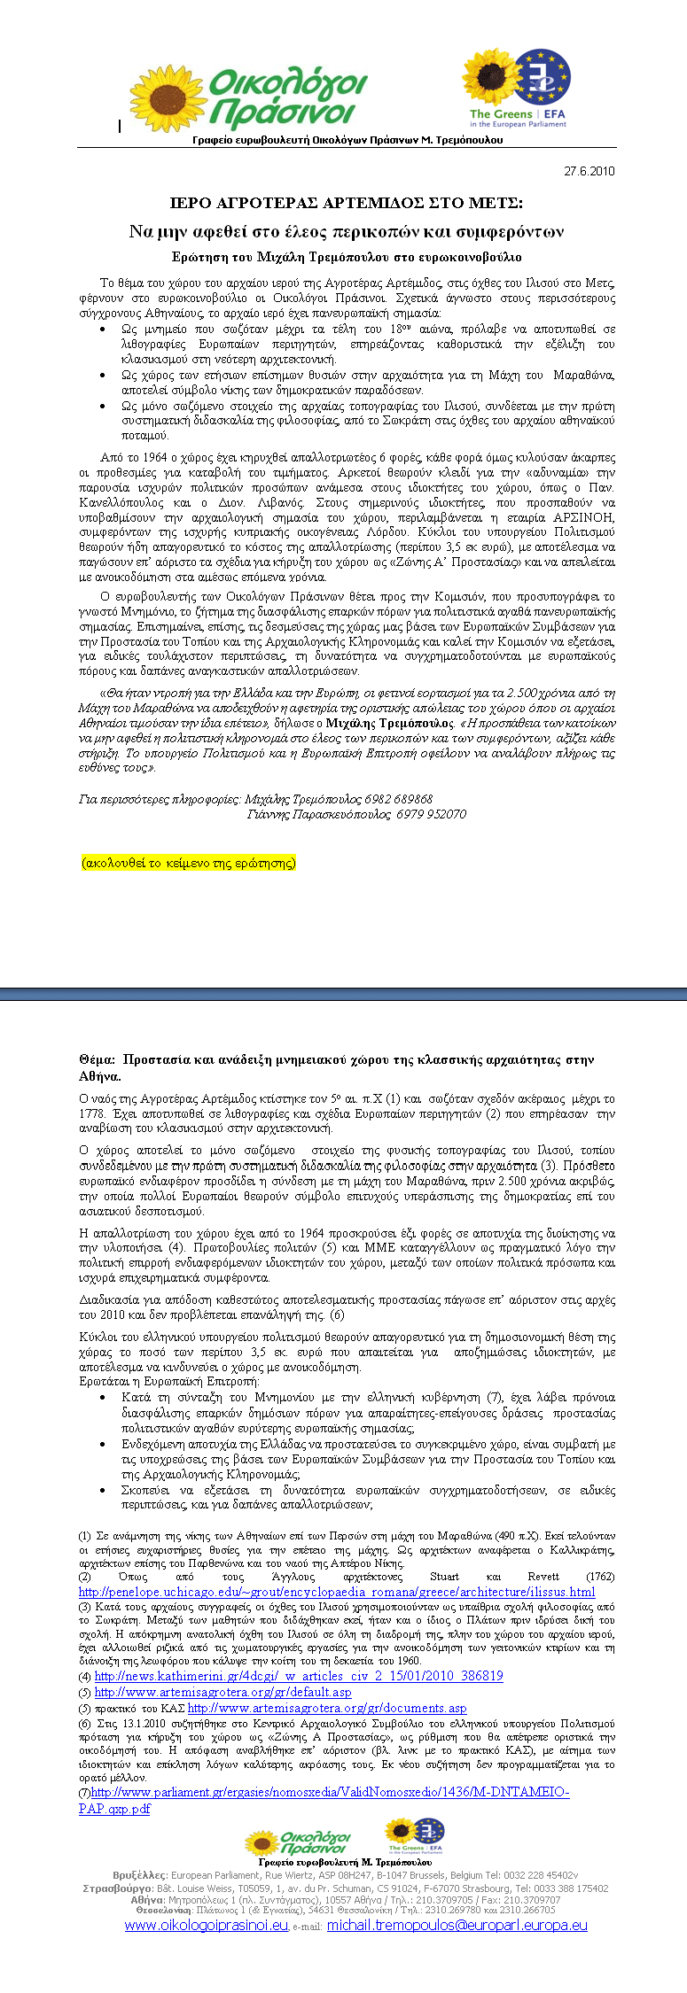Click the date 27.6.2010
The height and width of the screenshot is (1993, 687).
point(589,171)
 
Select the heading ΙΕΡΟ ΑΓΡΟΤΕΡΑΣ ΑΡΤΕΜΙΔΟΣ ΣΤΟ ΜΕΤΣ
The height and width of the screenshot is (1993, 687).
point(347,203)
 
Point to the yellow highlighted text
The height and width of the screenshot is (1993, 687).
point(188,863)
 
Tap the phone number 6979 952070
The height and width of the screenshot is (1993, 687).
point(431,814)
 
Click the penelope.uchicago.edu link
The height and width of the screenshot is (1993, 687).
point(337,1592)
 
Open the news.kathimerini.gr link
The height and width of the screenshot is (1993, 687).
point(299,1676)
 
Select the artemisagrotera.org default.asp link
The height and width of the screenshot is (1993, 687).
point(222,1692)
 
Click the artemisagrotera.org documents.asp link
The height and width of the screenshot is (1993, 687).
point(327,1708)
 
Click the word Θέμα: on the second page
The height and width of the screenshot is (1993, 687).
point(97,1059)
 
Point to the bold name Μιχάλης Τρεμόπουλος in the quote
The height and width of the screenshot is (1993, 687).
point(404,723)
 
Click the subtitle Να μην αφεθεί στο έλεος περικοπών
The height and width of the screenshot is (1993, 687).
point(347,232)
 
